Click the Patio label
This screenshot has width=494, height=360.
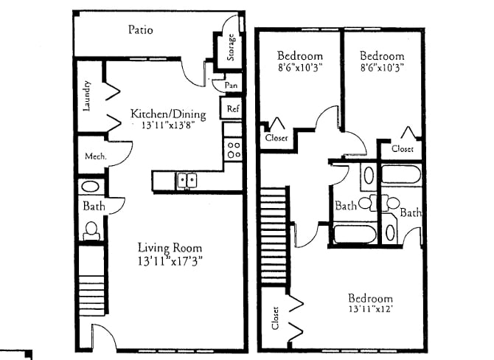point(139,30)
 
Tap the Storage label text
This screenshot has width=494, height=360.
point(232,49)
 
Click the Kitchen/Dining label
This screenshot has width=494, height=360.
point(168,114)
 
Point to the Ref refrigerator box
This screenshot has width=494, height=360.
point(233,109)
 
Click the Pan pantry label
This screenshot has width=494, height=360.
point(232,86)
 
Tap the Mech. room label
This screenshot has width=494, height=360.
point(96,156)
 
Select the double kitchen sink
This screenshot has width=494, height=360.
point(185,180)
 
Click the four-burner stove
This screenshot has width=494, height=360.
point(234,150)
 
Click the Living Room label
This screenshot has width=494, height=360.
point(170,247)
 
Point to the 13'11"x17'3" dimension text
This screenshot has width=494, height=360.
point(170,260)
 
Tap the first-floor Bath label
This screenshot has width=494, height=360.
point(94,207)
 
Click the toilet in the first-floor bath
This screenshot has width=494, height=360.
point(91,231)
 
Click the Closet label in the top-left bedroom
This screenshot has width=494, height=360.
point(276,137)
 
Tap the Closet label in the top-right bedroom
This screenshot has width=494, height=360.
point(403,149)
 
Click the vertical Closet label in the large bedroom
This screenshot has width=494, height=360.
point(276,317)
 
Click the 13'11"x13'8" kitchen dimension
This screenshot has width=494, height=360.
point(168,127)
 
